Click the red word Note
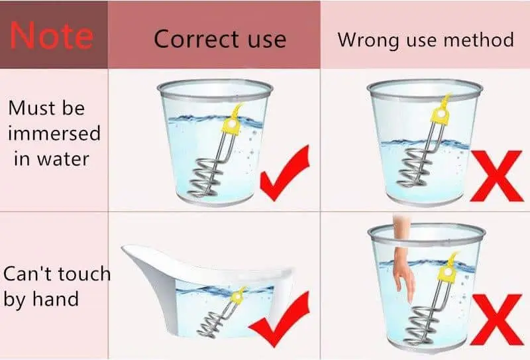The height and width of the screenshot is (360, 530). pos(52,35)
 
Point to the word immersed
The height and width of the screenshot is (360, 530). pos(54,133)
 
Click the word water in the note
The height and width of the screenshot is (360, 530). pos(63,159)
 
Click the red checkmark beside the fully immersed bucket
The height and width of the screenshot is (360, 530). pos(285,174)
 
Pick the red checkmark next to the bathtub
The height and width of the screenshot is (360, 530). pos(279,318)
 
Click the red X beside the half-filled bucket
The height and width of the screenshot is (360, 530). pos(496,176)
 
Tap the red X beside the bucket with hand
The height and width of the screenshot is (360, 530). pos(496,320)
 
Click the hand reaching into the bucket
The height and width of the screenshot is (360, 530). pos(403,270)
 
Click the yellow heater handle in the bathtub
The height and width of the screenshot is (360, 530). pos(238,296)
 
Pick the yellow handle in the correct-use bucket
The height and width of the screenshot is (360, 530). pos(231,123)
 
